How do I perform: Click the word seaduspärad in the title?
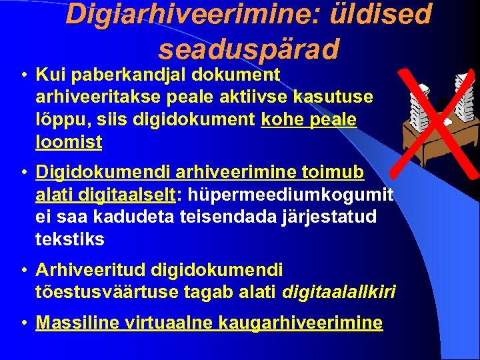point(249,48)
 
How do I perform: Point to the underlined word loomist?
point(69,142)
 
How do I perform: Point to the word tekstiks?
point(70,239)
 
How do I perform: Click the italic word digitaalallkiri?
point(339,292)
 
